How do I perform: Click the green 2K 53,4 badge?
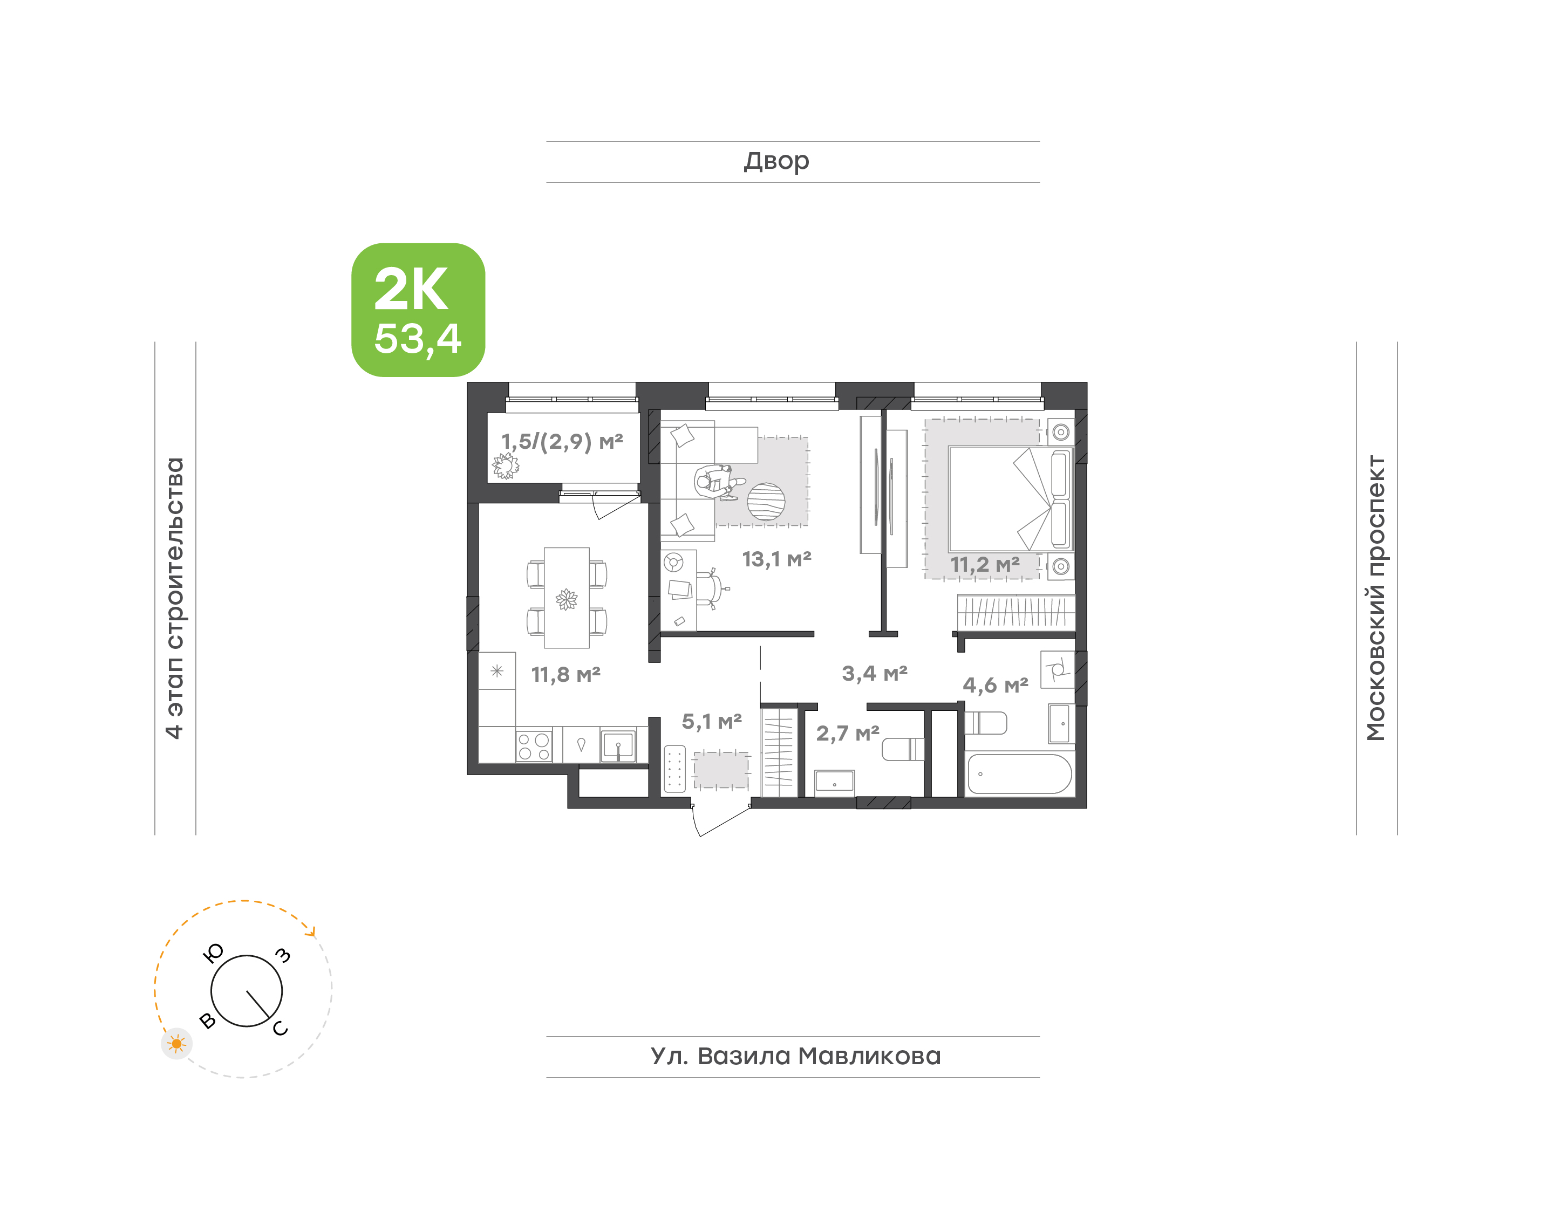pyautogui.click(x=418, y=310)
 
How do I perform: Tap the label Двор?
pyautogui.click(x=776, y=161)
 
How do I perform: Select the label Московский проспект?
pyautogui.click(x=1375, y=598)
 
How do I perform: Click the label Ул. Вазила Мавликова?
pyautogui.click(x=795, y=1056)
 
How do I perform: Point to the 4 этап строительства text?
pyautogui.click(x=174, y=598)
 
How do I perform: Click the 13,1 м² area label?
pyautogui.click(x=776, y=559)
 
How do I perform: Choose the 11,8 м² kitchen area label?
pyautogui.click(x=566, y=674)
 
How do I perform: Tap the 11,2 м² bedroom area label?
pyautogui.click(x=985, y=565)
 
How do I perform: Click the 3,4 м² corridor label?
pyautogui.click(x=875, y=673)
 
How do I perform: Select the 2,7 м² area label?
pyautogui.click(x=848, y=733)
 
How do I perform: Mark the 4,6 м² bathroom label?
pyautogui.click(x=996, y=685)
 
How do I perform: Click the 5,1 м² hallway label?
pyautogui.click(x=712, y=722)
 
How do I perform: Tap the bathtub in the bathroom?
pyautogui.click(x=1019, y=773)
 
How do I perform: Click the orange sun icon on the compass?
pyautogui.click(x=176, y=1044)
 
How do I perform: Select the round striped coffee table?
pyautogui.click(x=766, y=502)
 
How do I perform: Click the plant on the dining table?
pyautogui.click(x=567, y=599)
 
